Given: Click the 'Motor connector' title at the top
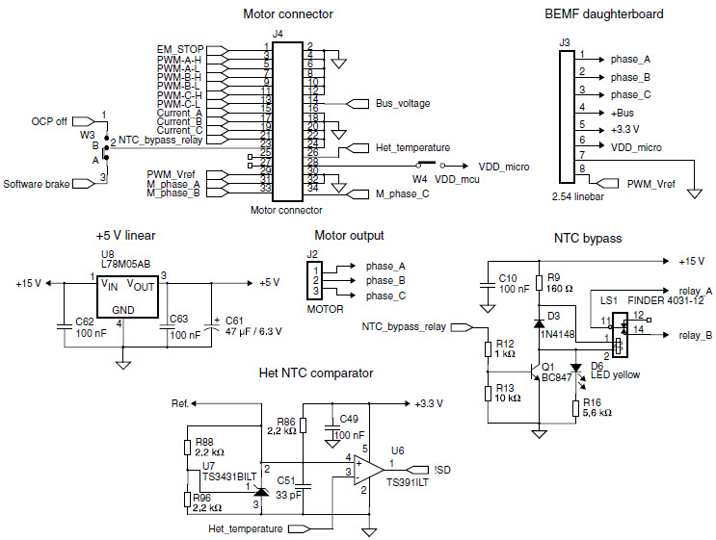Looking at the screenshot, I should (x=287, y=14).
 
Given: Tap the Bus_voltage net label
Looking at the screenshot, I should (x=402, y=103).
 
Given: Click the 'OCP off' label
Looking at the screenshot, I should (x=49, y=121).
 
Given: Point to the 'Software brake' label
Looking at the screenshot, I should (x=37, y=183).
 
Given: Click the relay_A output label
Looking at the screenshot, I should (x=695, y=290).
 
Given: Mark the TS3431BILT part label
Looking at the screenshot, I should (x=230, y=476).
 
